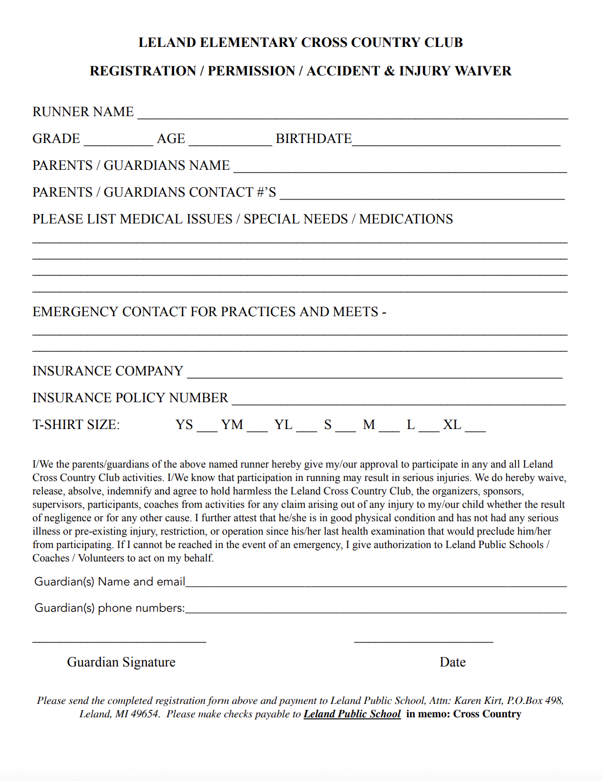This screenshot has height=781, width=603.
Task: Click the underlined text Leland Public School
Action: pyautogui.click(x=352, y=714)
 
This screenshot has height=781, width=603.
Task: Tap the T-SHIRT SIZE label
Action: pyautogui.click(x=76, y=425)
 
